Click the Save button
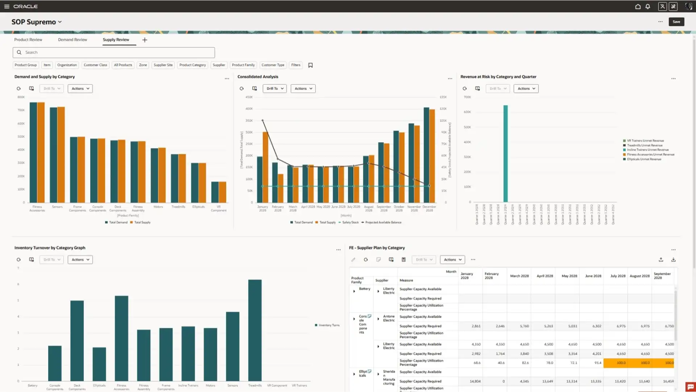coord(676,22)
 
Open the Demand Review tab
coord(72,40)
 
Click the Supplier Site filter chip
coord(163,65)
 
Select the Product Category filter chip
coord(192,65)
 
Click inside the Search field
coord(114,53)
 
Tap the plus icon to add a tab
coord(145,40)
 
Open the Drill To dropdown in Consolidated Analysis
coord(275,89)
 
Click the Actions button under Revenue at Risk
coord(526,89)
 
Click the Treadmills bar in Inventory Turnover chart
coord(255,330)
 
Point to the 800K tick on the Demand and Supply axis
coord(21,97)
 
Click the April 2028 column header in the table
coord(544,276)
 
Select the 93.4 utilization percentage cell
coord(598,363)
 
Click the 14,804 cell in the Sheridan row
coord(475,381)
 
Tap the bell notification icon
coord(648,7)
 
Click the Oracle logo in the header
coord(25,7)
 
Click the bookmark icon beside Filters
coord(310,65)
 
